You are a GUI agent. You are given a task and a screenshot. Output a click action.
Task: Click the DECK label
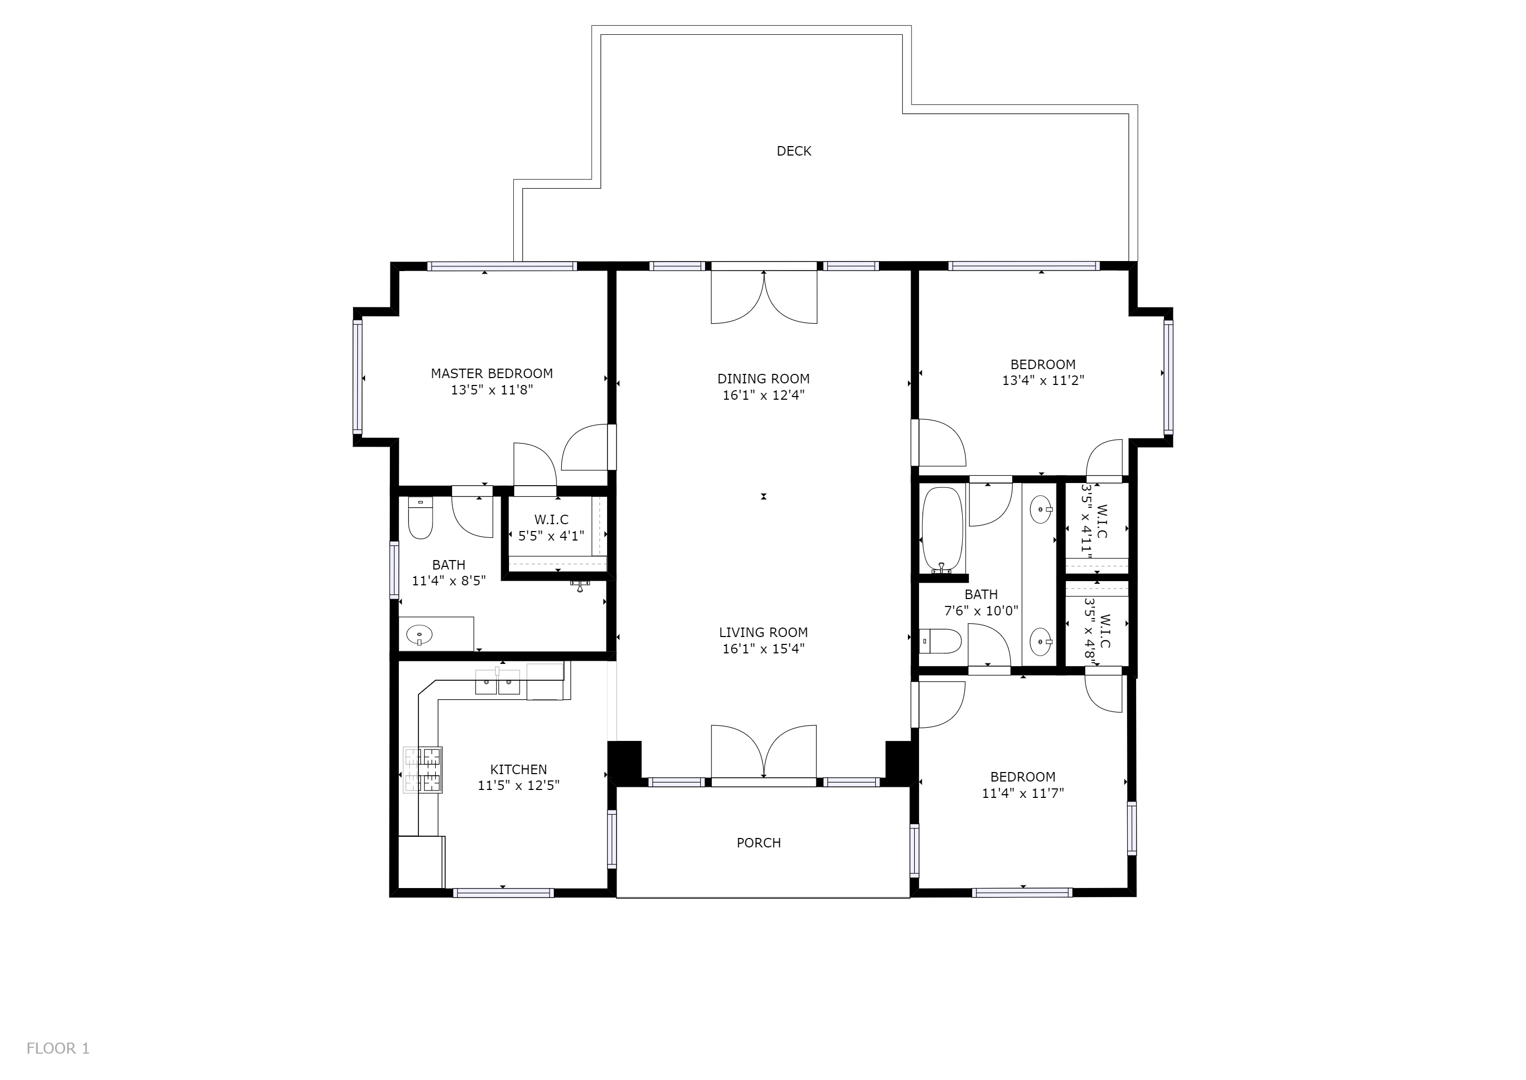pos(794,151)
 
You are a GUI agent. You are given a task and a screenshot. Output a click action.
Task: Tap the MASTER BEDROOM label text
pos(492,374)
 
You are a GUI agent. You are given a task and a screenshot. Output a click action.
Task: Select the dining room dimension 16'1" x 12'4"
pos(763,395)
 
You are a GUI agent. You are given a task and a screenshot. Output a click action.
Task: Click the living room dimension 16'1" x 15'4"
pos(763,649)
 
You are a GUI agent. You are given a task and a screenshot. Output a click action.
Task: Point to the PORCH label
pos(758,843)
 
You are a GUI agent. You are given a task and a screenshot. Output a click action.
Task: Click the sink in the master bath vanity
pos(419,635)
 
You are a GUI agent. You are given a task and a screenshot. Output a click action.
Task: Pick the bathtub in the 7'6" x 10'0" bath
pos(942,529)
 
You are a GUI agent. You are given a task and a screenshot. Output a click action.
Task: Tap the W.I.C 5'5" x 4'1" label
pos(551,527)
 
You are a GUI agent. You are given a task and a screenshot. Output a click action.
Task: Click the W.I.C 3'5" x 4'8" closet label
pos(1097,628)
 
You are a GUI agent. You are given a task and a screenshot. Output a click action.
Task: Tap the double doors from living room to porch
pos(764,751)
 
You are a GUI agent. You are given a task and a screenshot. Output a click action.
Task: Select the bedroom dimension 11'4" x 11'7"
pos(1022,793)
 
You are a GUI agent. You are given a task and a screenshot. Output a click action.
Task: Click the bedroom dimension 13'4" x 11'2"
pos(1043,380)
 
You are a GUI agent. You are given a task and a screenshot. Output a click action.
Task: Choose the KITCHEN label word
pos(519,769)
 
